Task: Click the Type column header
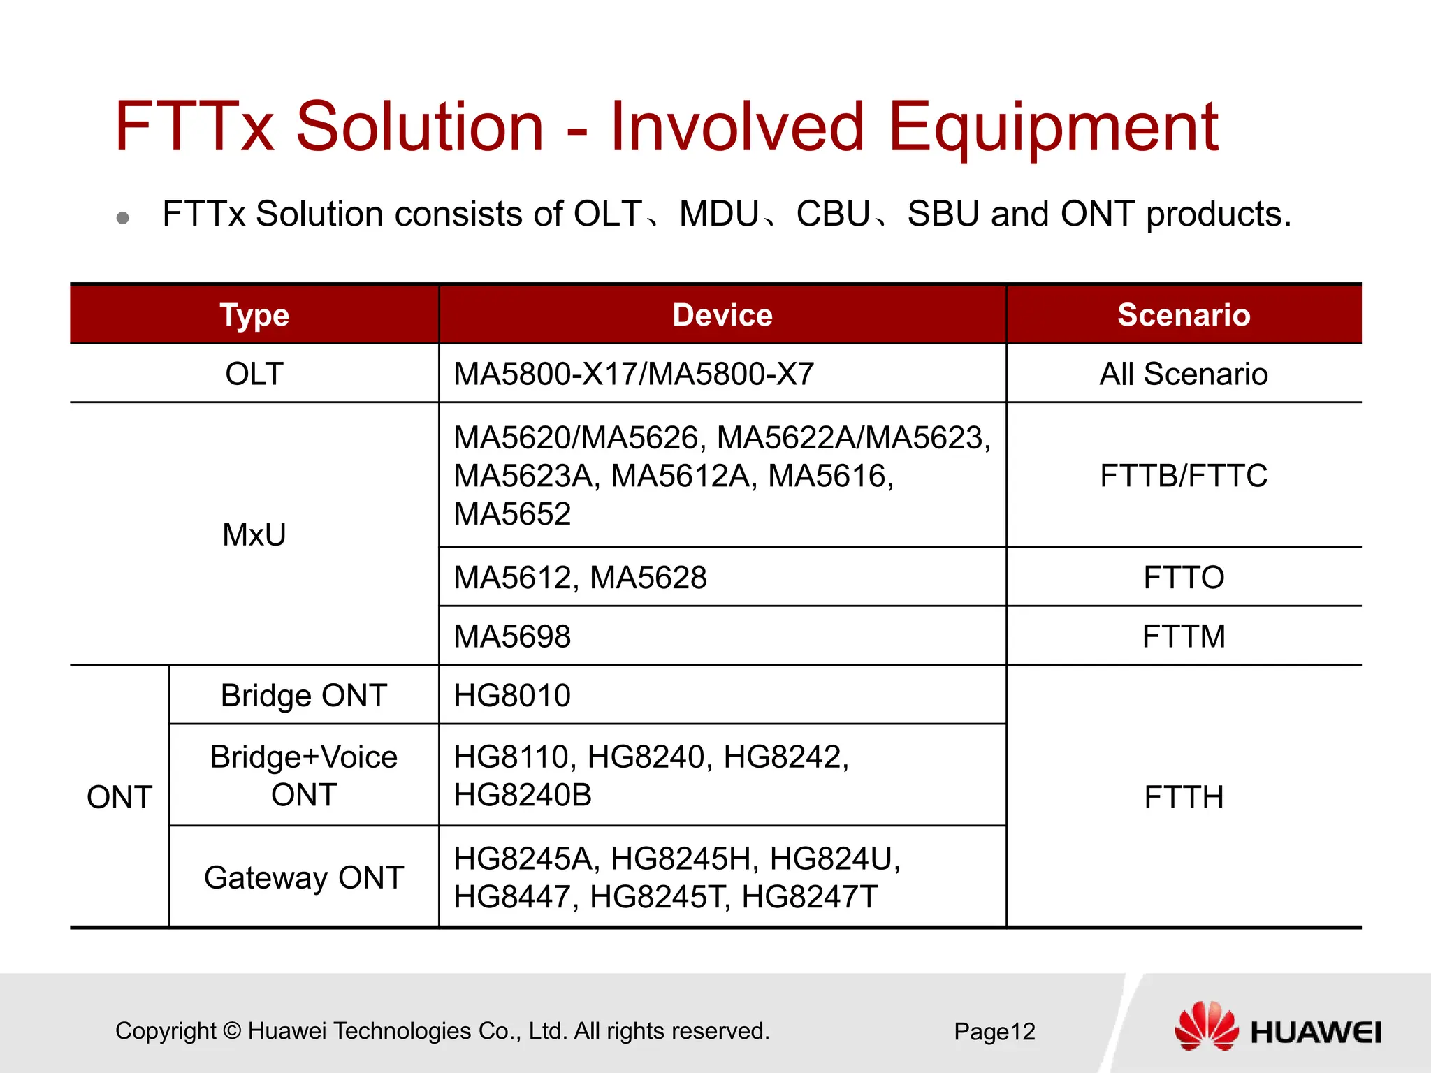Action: tap(254, 315)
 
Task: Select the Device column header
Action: tap(722, 315)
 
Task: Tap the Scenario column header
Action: tap(1184, 315)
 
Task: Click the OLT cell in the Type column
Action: tap(254, 374)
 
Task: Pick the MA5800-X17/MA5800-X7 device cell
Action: tap(634, 374)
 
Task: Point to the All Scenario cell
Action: tap(1184, 374)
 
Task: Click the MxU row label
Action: tap(254, 534)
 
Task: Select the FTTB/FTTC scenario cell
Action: tap(1184, 476)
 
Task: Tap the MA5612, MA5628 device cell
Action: tap(580, 578)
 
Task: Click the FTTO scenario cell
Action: tap(1184, 578)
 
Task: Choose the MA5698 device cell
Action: tap(512, 636)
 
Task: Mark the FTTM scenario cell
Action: tap(1184, 636)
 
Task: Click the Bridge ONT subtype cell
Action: tap(304, 696)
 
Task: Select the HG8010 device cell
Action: tap(512, 696)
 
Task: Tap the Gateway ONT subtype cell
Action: tap(304, 877)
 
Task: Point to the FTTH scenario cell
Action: tap(1184, 797)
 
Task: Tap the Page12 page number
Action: tap(994, 1032)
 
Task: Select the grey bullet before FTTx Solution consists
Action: tap(123, 218)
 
